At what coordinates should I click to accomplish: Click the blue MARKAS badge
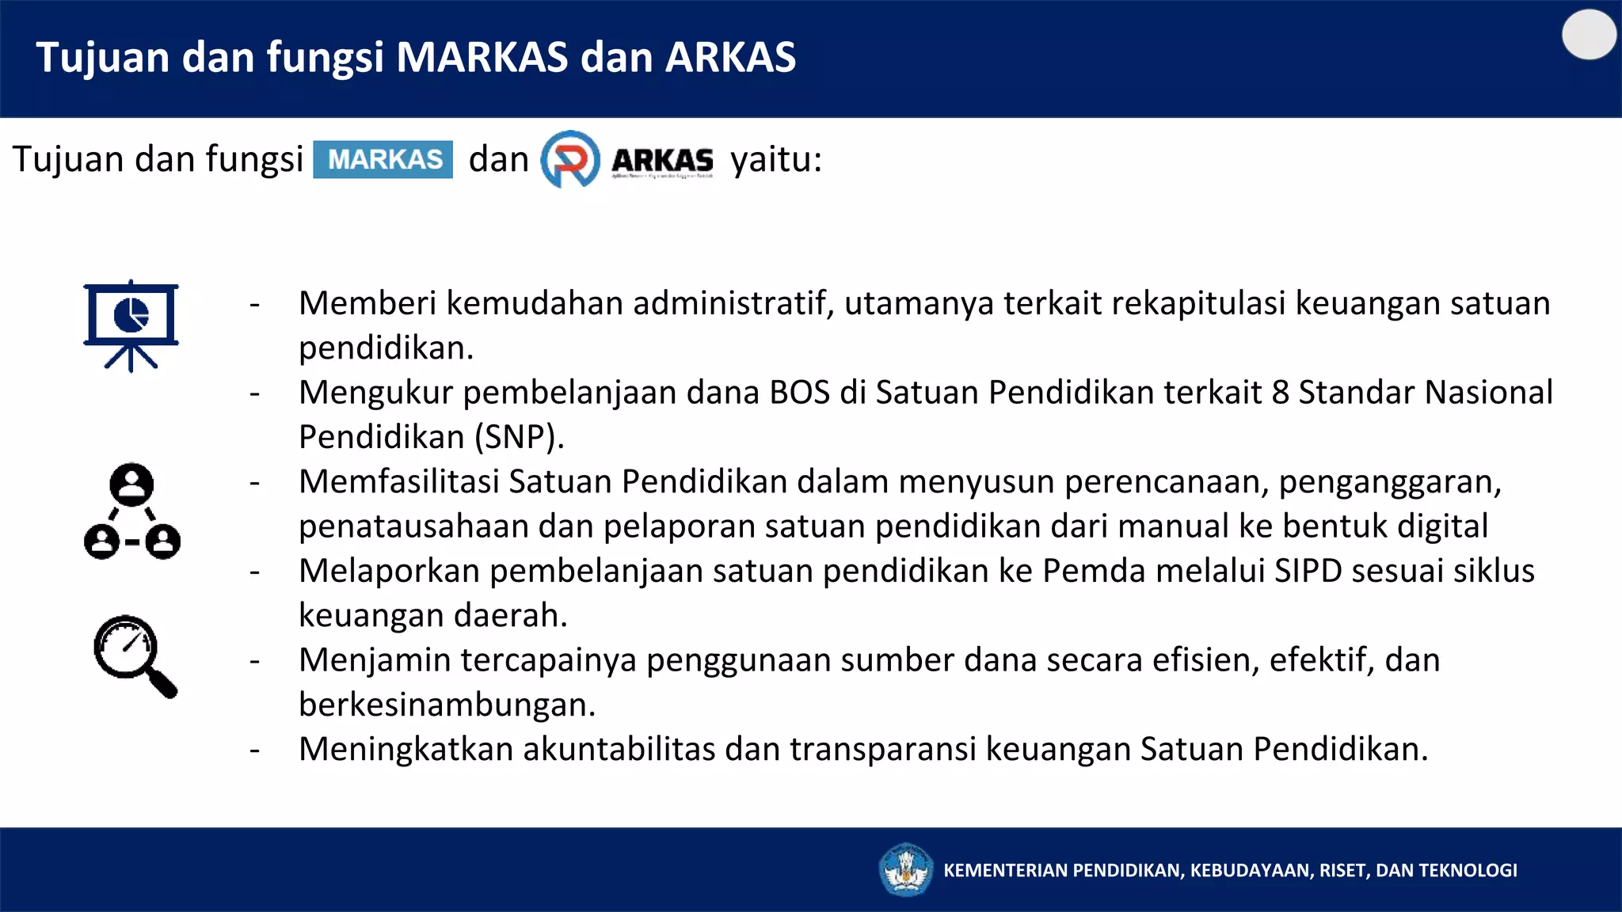tap(383, 159)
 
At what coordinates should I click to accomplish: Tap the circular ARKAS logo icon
tap(570, 159)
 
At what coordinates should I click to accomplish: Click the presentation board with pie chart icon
tap(131, 325)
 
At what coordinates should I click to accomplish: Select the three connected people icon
tap(132, 511)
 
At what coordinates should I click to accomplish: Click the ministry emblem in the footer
tap(906, 869)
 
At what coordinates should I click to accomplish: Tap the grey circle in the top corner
tap(1589, 35)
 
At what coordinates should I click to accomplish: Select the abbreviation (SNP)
tap(519, 437)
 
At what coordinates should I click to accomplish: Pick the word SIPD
tap(1308, 571)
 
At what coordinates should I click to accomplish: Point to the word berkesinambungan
tap(447, 705)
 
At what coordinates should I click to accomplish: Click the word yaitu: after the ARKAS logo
tap(776, 159)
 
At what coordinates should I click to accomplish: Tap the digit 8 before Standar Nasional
tap(1280, 393)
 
